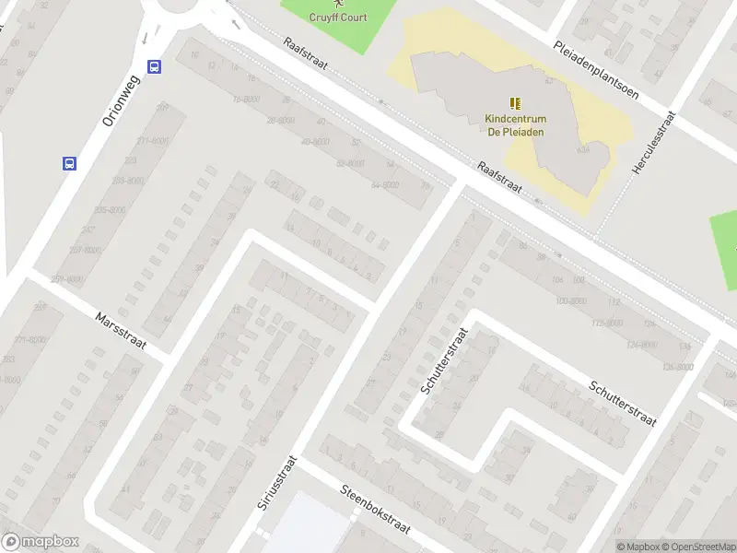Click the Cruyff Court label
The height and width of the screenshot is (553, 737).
point(339,17)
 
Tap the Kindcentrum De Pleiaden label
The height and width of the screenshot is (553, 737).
point(516,124)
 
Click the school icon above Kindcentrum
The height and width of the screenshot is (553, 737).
point(515,103)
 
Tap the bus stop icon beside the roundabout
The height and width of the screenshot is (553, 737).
point(154,66)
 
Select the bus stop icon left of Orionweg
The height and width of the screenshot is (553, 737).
point(69,163)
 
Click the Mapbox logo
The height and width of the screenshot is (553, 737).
point(41,542)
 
